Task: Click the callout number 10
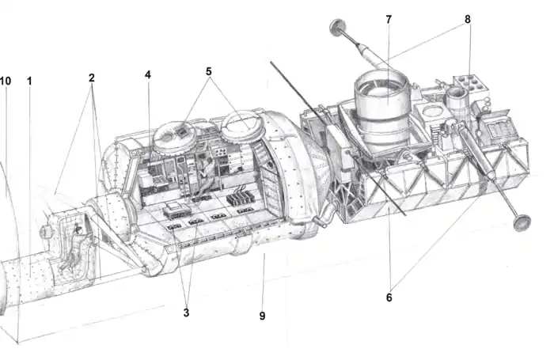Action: [x=6, y=81]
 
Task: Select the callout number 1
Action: [x=30, y=81]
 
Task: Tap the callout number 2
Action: [x=92, y=78]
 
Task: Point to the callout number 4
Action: [x=148, y=74]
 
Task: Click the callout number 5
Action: [x=209, y=72]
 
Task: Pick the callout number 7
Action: [x=389, y=20]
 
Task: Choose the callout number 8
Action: [x=468, y=20]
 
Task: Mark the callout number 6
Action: [x=389, y=297]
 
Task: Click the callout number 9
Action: [x=262, y=316]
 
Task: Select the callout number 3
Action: [x=186, y=313]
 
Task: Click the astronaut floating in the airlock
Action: [x=74, y=248]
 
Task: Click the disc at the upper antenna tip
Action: [x=337, y=27]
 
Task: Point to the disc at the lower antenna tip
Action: [x=522, y=222]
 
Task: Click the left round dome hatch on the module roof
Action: [x=176, y=135]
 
